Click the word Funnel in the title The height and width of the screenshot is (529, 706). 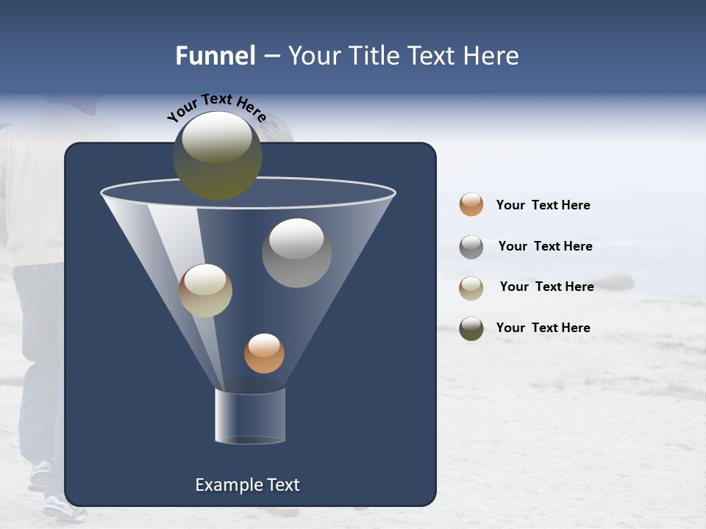pyautogui.click(x=215, y=56)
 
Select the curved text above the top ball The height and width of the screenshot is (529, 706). pyautogui.click(x=216, y=106)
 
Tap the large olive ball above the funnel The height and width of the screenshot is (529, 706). pyautogui.click(x=217, y=156)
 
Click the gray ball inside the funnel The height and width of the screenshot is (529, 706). pyautogui.click(x=296, y=253)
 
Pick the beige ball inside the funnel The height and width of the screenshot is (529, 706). pyautogui.click(x=205, y=290)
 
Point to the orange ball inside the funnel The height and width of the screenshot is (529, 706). pyautogui.click(x=264, y=353)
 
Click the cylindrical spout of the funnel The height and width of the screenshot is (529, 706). pyautogui.click(x=250, y=416)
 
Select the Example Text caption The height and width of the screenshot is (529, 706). pyautogui.click(x=247, y=485)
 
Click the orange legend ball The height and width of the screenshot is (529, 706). pyautogui.click(x=471, y=204)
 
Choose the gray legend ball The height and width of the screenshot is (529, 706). pyautogui.click(x=471, y=247)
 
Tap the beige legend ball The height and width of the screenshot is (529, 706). pyautogui.click(x=471, y=288)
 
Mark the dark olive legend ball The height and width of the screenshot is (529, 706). pyautogui.click(x=471, y=328)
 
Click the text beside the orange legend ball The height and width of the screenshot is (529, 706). pyautogui.click(x=543, y=206)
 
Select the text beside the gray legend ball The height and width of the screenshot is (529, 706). pyautogui.click(x=545, y=247)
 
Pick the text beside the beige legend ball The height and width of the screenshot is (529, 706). pyautogui.click(x=546, y=287)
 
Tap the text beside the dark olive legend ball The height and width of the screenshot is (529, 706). pyautogui.click(x=543, y=328)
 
